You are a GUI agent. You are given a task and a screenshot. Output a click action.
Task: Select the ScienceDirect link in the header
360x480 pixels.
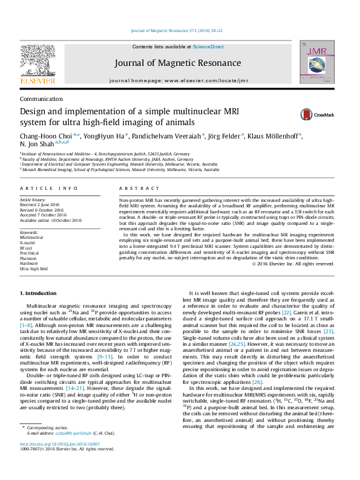click(x=208, y=47)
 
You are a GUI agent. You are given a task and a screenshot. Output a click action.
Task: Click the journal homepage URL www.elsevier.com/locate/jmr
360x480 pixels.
click(x=196, y=80)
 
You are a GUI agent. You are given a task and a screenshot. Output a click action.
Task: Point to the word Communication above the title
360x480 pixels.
click(x=41, y=99)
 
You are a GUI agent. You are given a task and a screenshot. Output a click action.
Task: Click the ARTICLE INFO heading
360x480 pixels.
click(x=49, y=189)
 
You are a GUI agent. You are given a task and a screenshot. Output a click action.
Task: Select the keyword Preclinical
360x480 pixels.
click(x=31, y=253)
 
